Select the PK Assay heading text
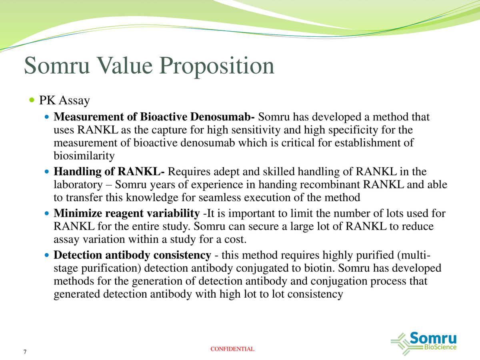click(x=64, y=100)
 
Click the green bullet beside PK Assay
click(x=32, y=100)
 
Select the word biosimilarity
click(x=84, y=156)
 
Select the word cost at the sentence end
click(x=232, y=239)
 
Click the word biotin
click(x=337, y=268)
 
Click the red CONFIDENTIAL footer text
click(x=232, y=349)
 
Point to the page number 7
click(x=25, y=352)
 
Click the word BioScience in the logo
click(x=440, y=347)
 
